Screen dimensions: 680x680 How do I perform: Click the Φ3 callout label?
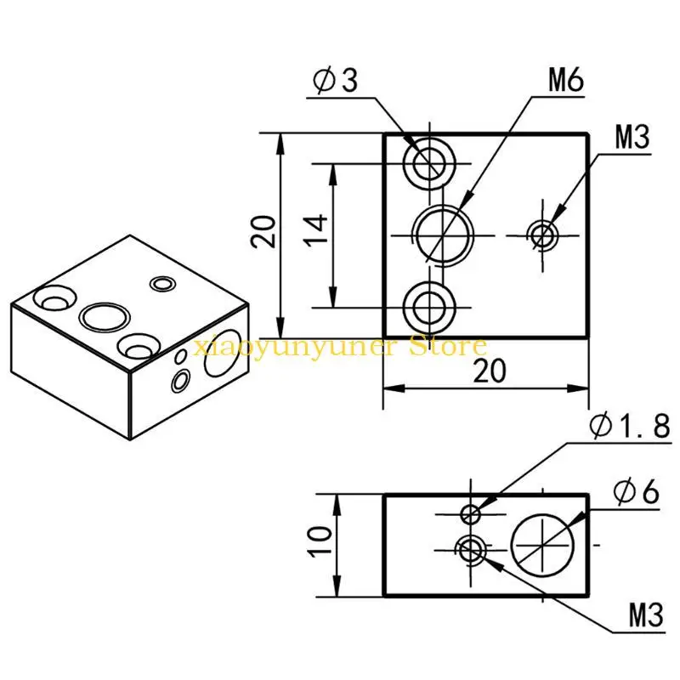click(335, 80)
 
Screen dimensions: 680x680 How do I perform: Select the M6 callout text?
click(565, 80)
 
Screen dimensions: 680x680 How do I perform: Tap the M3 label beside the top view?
click(632, 137)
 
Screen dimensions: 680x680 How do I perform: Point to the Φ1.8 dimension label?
click(630, 426)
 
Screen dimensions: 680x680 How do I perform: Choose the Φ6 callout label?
click(636, 492)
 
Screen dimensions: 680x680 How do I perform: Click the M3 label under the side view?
click(646, 615)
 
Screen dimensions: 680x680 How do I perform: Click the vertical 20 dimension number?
click(263, 231)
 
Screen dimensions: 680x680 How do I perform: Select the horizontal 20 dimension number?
click(490, 371)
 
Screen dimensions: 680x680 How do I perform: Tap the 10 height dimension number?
click(320, 541)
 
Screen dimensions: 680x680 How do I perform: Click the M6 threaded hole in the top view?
click(443, 236)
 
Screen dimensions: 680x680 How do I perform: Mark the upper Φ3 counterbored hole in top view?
click(429, 163)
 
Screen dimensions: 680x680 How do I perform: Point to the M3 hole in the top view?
click(543, 236)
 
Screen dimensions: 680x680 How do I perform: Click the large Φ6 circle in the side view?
click(542, 545)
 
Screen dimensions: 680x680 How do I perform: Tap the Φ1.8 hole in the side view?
click(471, 514)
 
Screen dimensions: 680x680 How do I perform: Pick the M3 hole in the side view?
click(471, 551)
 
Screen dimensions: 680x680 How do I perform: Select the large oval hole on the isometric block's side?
click(223, 352)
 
